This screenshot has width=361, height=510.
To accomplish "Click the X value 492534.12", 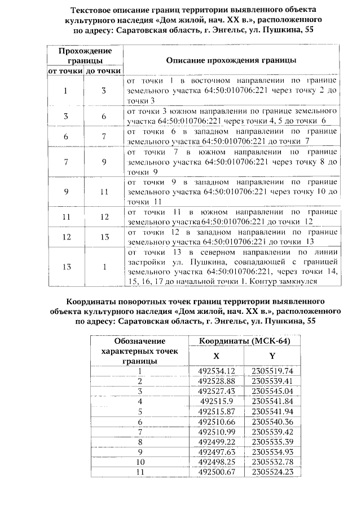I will (216, 370).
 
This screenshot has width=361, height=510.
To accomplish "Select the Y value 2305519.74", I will (272, 370).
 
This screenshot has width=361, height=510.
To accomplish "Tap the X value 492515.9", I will (216, 401).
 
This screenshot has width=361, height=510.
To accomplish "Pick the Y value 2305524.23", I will (272, 472).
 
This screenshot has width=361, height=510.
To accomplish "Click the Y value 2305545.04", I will (272, 391).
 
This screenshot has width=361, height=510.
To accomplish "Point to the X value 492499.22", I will (216, 441).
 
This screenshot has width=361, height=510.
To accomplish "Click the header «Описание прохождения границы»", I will (232, 60).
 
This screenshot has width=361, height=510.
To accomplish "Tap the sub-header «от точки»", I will (64, 71).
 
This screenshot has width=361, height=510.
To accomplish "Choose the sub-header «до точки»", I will (103, 71).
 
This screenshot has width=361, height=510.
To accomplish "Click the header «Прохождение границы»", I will (84, 55).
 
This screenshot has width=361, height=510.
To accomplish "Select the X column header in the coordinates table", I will (216, 356).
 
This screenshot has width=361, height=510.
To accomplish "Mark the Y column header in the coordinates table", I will (272, 356).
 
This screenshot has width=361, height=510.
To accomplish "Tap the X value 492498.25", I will (216, 462).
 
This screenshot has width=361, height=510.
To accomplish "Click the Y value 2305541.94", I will (272, 411).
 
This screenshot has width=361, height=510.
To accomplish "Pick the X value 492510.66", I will (216, 421).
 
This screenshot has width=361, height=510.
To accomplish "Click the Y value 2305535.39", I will (272, 441).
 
